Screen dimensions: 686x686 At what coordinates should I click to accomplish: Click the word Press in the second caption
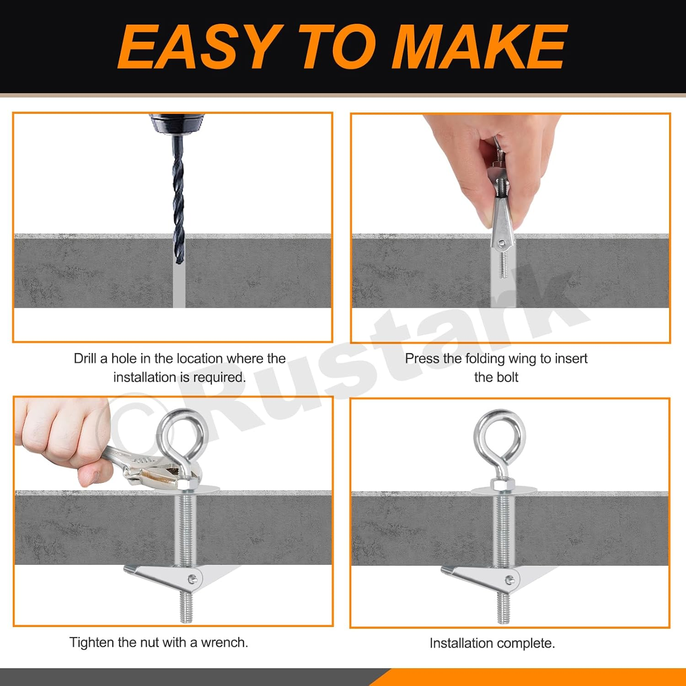click(x=422, y=359)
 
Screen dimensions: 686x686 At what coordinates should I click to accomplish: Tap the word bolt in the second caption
click(x=508, y=377)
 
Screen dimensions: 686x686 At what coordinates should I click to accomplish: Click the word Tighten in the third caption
click(x=91, y=643)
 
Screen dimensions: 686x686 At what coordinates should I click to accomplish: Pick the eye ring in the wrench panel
click(x=180, y=434)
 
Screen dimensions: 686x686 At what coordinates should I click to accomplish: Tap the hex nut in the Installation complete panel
click(x=503, y=484)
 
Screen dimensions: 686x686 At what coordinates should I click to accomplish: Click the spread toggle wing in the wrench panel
click(x=165, y=577)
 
